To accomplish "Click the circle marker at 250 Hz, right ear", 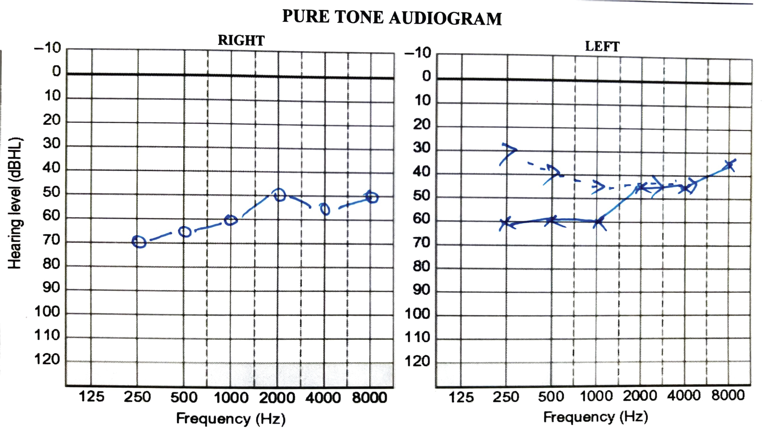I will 139,242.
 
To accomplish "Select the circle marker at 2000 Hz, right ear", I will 279,195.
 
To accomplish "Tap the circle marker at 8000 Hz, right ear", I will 372,197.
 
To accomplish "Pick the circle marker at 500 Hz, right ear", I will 185,232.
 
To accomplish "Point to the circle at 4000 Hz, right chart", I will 325,209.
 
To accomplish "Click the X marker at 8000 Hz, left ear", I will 730,165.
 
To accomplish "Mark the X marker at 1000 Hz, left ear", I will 599,222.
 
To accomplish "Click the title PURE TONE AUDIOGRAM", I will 392,17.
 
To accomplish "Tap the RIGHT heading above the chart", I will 241,40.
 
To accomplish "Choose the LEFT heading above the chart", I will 602,47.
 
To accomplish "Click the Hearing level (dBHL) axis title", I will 15,203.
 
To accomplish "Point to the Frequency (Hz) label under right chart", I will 231,419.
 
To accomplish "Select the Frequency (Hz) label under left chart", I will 596,417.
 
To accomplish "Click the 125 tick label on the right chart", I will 91,397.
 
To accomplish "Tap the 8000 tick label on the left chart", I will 728,395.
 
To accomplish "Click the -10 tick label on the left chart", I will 418,53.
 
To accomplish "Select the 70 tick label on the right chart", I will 51,240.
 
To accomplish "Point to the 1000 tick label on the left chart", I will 596,396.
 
